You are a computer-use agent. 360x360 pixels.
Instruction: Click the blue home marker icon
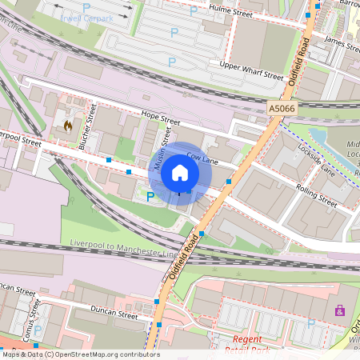pos(180,173)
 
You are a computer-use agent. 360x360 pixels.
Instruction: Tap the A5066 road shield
pos(282,109)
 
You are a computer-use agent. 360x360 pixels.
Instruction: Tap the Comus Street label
pos(34,318)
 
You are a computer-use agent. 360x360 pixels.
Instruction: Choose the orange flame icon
pos(68,126)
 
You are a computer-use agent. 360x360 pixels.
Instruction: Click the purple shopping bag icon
pos(340,310)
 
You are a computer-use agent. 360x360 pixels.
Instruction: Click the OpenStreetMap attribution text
pos(80,354)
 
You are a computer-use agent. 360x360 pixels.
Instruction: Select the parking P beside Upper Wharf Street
pos(171,62)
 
